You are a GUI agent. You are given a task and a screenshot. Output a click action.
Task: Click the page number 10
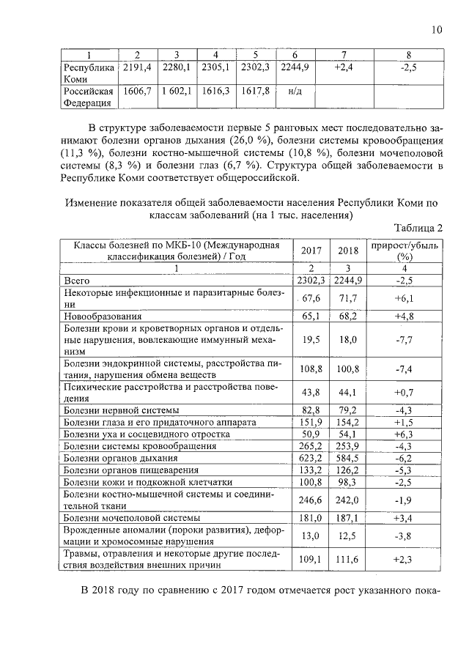437,30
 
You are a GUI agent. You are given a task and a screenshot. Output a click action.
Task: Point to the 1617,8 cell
257,92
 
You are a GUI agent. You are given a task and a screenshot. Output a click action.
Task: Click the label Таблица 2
418,227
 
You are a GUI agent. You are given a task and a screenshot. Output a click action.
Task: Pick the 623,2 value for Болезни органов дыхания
311,457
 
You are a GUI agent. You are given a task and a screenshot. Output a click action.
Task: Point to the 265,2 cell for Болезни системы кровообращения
311,445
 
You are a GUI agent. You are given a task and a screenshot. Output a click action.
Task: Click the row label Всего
77,280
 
